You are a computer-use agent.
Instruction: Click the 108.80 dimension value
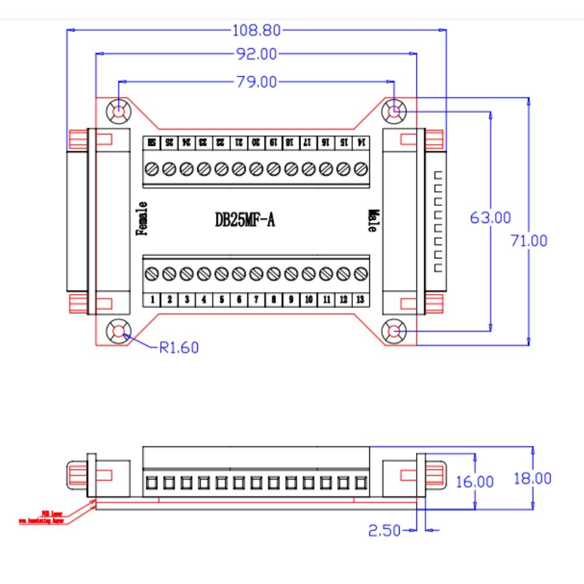[x=257, y=30]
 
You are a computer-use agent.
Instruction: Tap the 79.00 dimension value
[x=257, y=82]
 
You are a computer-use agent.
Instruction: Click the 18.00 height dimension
[x=532, y=478]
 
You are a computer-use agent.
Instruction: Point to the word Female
[x=141, y=218]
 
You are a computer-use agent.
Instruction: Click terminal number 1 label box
[x=152, y=300]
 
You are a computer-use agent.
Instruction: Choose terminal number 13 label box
[x=361, y=300]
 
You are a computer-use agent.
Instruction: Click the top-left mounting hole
[x=119, y=110]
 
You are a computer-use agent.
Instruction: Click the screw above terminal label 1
[x=152, y=273]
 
